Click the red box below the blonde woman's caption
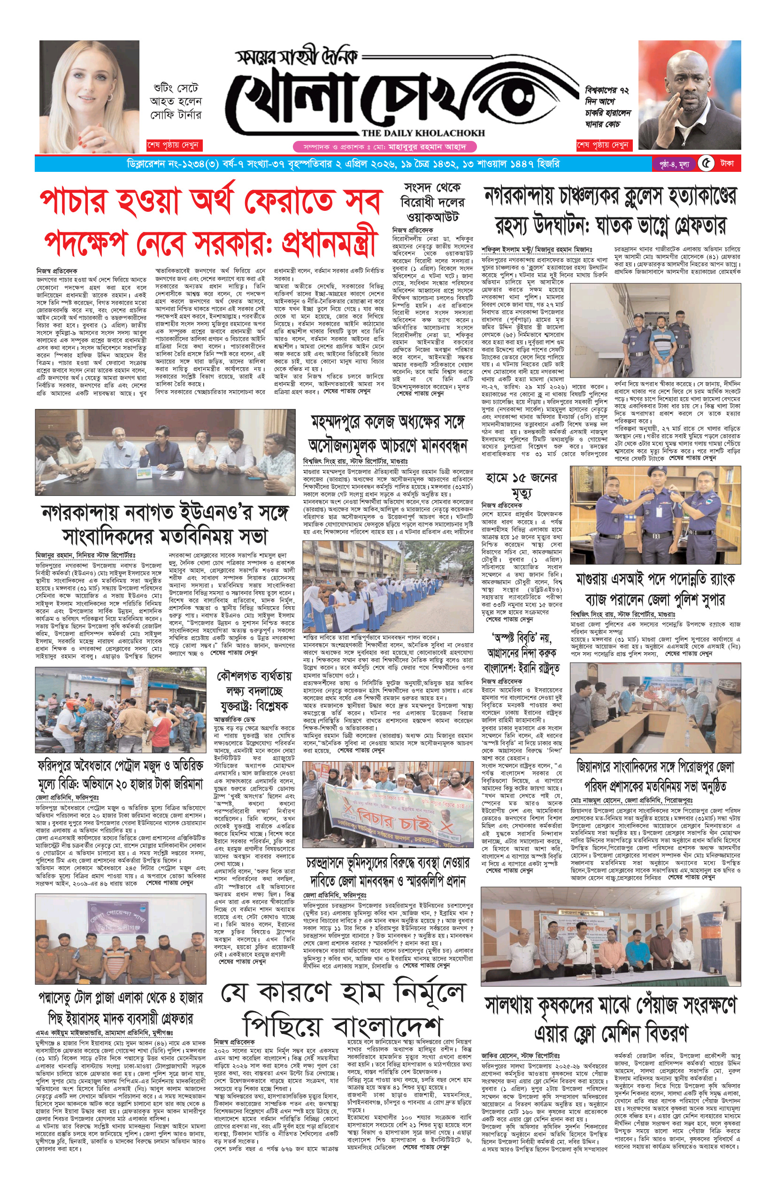(173, 145)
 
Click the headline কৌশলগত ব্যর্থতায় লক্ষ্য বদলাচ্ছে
(254, 691)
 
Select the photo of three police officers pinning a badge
(654, 515)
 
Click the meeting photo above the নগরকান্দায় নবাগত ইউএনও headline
(165, 452)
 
